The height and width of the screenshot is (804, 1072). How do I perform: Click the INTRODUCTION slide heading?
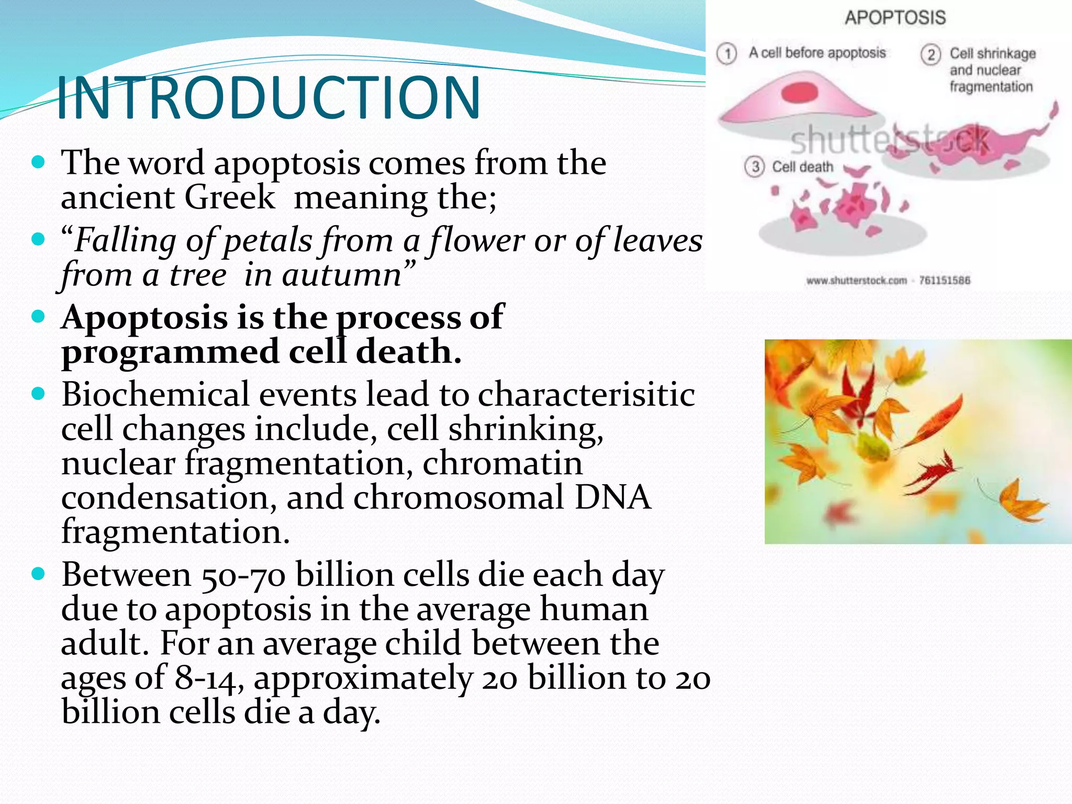click(267, 98)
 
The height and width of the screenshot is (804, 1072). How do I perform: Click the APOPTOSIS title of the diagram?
click(895, 18)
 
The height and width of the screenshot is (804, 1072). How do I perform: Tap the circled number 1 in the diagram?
click(727, 53)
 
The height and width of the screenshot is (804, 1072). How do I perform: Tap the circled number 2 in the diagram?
click(931, 54)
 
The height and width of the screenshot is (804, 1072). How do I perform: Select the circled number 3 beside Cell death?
click(754, 167)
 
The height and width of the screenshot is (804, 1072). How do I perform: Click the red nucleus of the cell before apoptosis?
click(799, 93)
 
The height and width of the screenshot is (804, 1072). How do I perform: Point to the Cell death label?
click(802, 167)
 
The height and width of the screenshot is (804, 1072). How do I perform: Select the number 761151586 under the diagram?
click(944, 281)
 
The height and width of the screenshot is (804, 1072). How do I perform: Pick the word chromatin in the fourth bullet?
click(502, 463)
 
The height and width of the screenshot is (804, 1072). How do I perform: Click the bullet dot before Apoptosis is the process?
click(38, 316)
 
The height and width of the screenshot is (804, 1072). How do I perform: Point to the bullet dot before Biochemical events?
click(38, 393)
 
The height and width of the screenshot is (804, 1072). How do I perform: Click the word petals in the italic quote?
click(268, 241)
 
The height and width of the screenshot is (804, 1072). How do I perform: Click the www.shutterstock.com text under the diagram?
click(856, 281)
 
